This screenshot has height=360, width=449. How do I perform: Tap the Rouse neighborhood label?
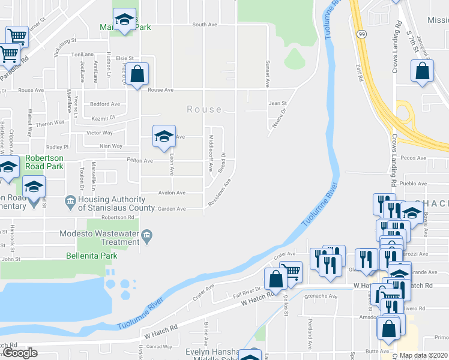pyautogui.click(x=204, y=110)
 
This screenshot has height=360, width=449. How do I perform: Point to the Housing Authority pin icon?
pyautogui.click(x=70, y=200)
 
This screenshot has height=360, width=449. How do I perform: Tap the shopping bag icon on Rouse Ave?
pyautogui.click(x=137, y=75)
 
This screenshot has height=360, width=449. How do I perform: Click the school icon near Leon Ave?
pyautogui.click(x=164, y=136)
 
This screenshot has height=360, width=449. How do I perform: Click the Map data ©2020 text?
pyautogui.click(x=424, y=355)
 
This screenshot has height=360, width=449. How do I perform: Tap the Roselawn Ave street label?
pyautogui.click(x=219, y=193)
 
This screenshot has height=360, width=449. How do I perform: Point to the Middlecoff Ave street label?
pyautogui.click(x=210, y=153)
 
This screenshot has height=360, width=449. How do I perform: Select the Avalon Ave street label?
pyautogui.click(x=172, y=193)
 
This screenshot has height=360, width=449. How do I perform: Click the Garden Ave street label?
pyautogui.click(x=172, y=209)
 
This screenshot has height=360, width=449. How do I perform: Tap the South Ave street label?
pyautogui.click(x=204, y=25)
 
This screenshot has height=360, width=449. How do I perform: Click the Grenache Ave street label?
pyautogui.click(x=320, y=296)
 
